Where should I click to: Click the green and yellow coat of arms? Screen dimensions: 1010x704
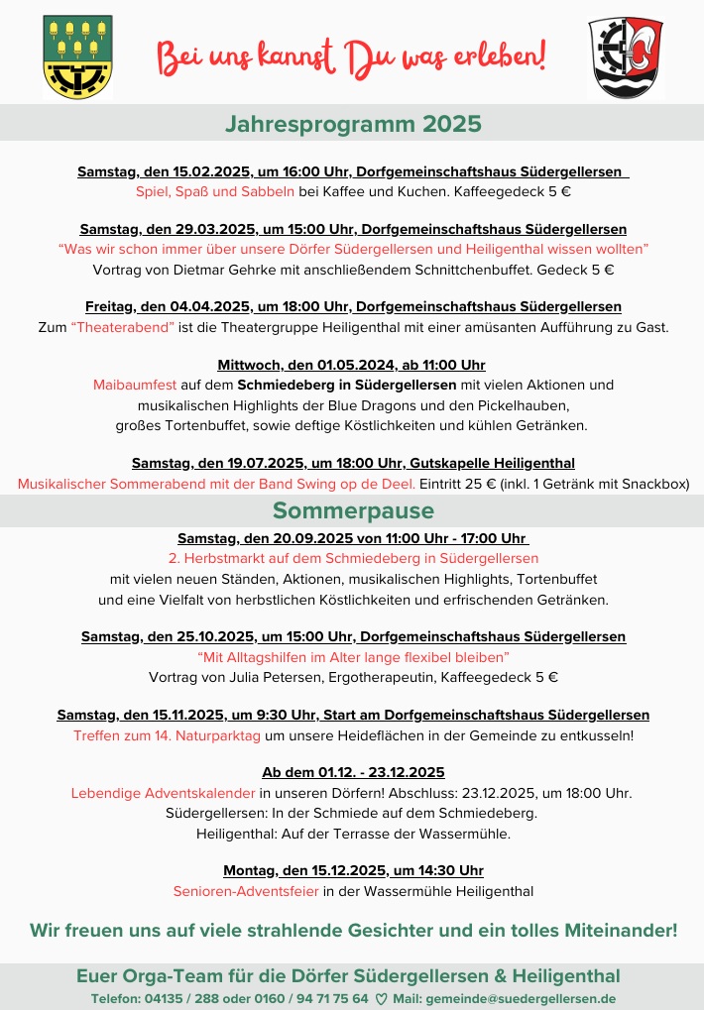78,56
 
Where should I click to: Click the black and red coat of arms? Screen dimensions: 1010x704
625,56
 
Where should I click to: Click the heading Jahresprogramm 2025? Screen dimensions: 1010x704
352,124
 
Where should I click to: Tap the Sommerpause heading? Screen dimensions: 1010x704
352,510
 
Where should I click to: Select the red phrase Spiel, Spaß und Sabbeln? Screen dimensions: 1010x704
214,191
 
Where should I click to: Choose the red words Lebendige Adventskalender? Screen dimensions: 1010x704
163,793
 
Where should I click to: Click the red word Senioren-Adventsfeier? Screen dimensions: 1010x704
246,890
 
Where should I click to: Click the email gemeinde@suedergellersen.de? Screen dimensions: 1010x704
522,998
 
